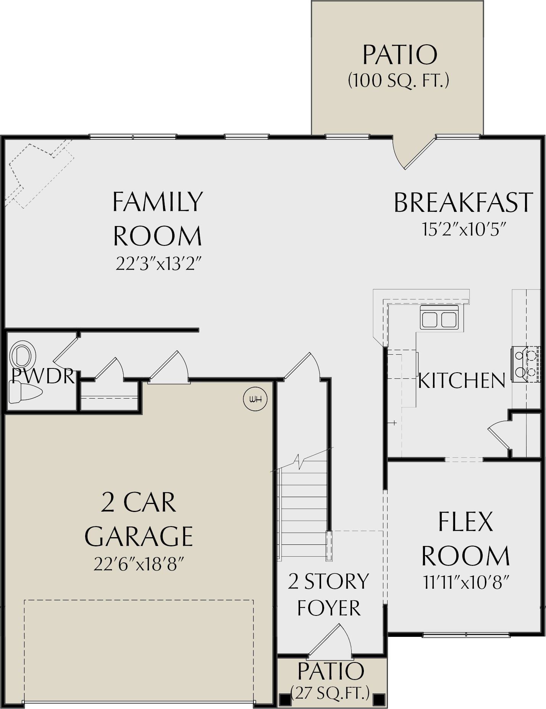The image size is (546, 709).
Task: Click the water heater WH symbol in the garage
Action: click(x=255, y=399)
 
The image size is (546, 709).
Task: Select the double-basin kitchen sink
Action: click(x=439, y=317)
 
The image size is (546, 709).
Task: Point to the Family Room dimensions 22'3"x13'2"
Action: click(x=158, y=263)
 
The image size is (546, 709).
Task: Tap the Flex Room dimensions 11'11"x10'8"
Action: click(x=466, y=583)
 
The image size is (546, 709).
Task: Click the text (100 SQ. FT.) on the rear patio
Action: click(x=398, y=81)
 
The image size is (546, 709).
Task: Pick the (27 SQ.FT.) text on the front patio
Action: click(x=330, y=692)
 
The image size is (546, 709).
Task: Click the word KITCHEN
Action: click(x=462, y=380)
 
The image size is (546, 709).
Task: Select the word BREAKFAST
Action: click(x=463, y=202)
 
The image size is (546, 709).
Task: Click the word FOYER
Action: click(x=329, y=608)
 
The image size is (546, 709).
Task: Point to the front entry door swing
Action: click(x=330, y=642)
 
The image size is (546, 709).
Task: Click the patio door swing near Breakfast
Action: click(x=414, y=153)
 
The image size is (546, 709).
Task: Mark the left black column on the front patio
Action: click(x=284, y=699)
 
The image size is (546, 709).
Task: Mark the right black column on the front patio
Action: click(x=379, y=699)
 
